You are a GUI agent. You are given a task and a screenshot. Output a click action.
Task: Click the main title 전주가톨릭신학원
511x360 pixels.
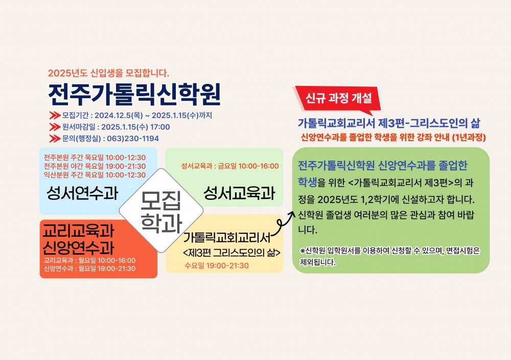134,94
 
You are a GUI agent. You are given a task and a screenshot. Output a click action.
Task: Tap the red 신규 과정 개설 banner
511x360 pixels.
338,99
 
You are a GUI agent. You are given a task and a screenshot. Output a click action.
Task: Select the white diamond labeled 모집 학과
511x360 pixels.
161,211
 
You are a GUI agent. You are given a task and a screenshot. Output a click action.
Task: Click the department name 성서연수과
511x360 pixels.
82,193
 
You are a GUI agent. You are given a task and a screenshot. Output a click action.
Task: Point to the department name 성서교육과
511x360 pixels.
240,193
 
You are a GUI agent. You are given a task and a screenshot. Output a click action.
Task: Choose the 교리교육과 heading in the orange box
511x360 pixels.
79,231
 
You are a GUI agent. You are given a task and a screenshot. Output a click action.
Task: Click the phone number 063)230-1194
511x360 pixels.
133,138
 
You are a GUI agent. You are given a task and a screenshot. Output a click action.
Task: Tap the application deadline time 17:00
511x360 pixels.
160,127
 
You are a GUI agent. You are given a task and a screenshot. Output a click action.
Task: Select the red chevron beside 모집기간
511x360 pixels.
55,116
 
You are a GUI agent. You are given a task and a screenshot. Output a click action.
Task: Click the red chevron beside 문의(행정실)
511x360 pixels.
55,139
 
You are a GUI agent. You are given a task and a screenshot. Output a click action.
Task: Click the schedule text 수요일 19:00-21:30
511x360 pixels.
217,265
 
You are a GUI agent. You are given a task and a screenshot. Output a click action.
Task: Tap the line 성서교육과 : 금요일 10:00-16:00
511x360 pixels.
230,166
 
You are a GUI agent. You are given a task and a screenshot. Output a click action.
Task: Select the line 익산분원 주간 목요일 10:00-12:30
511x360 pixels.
95,175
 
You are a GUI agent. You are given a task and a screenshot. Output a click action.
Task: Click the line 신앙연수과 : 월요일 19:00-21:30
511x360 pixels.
89,268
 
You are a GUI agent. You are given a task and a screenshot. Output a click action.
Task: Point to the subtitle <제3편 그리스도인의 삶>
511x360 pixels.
231,253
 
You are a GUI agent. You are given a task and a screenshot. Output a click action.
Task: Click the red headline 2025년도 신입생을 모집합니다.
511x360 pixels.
108,73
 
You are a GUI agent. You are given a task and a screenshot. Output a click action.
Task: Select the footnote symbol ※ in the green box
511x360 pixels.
303,251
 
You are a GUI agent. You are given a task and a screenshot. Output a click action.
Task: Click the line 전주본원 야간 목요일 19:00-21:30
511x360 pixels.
95,166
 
